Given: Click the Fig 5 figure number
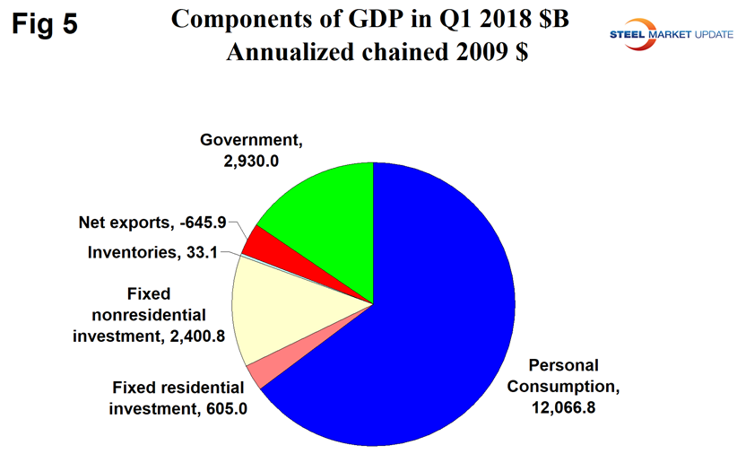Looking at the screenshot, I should [x=45, y=24].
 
